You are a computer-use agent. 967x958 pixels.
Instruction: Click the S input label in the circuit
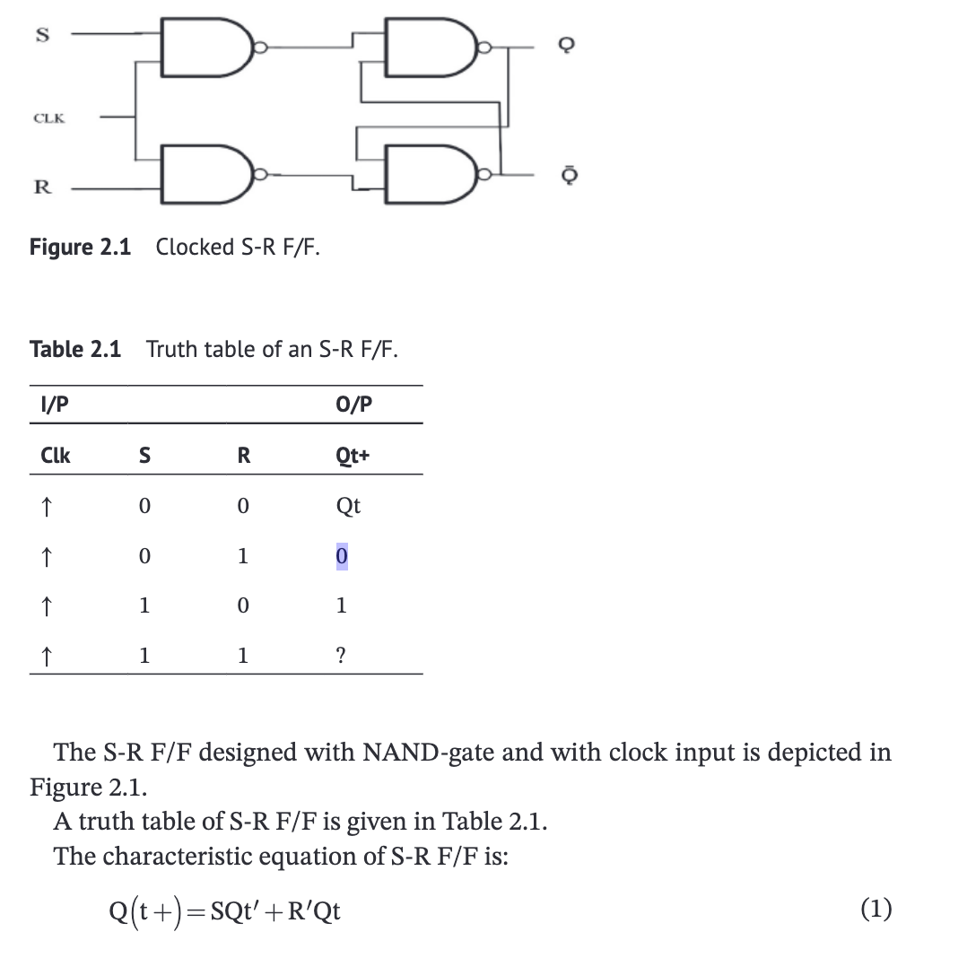[39, 35]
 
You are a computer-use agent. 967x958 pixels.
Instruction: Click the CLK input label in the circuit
[48, 118]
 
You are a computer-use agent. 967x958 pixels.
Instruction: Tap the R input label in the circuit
[40, 187]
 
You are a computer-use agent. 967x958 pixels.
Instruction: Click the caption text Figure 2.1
[80, 247]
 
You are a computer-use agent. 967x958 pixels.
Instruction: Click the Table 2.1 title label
[75, 348]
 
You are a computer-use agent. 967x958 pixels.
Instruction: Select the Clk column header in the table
[56, 456]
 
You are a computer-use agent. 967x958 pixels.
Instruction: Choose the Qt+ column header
[353, 456]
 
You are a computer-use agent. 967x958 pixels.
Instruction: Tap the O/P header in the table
[352, 405]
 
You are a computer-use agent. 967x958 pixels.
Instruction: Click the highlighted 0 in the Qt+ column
[341, 557]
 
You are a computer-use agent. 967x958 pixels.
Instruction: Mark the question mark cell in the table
[341, 657]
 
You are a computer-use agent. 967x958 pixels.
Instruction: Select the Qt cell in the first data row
[348, 506]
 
